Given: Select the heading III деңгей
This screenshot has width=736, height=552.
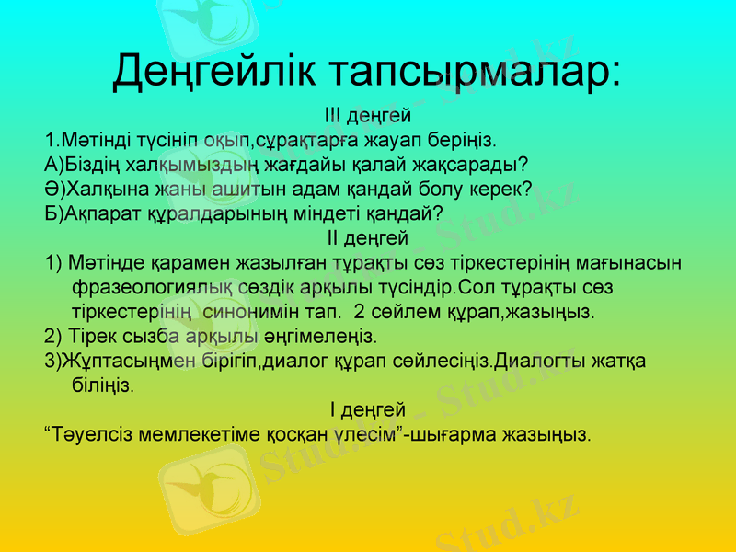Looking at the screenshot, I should tap(368, 117).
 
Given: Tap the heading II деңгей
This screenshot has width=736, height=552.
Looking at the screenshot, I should tap(368, 238).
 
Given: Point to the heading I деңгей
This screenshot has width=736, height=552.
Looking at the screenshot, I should tap(368, 408).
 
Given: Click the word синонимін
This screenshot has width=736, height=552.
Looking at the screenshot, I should tap(283, 310).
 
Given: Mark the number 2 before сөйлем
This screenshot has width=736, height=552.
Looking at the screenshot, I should tap(360, 310).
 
